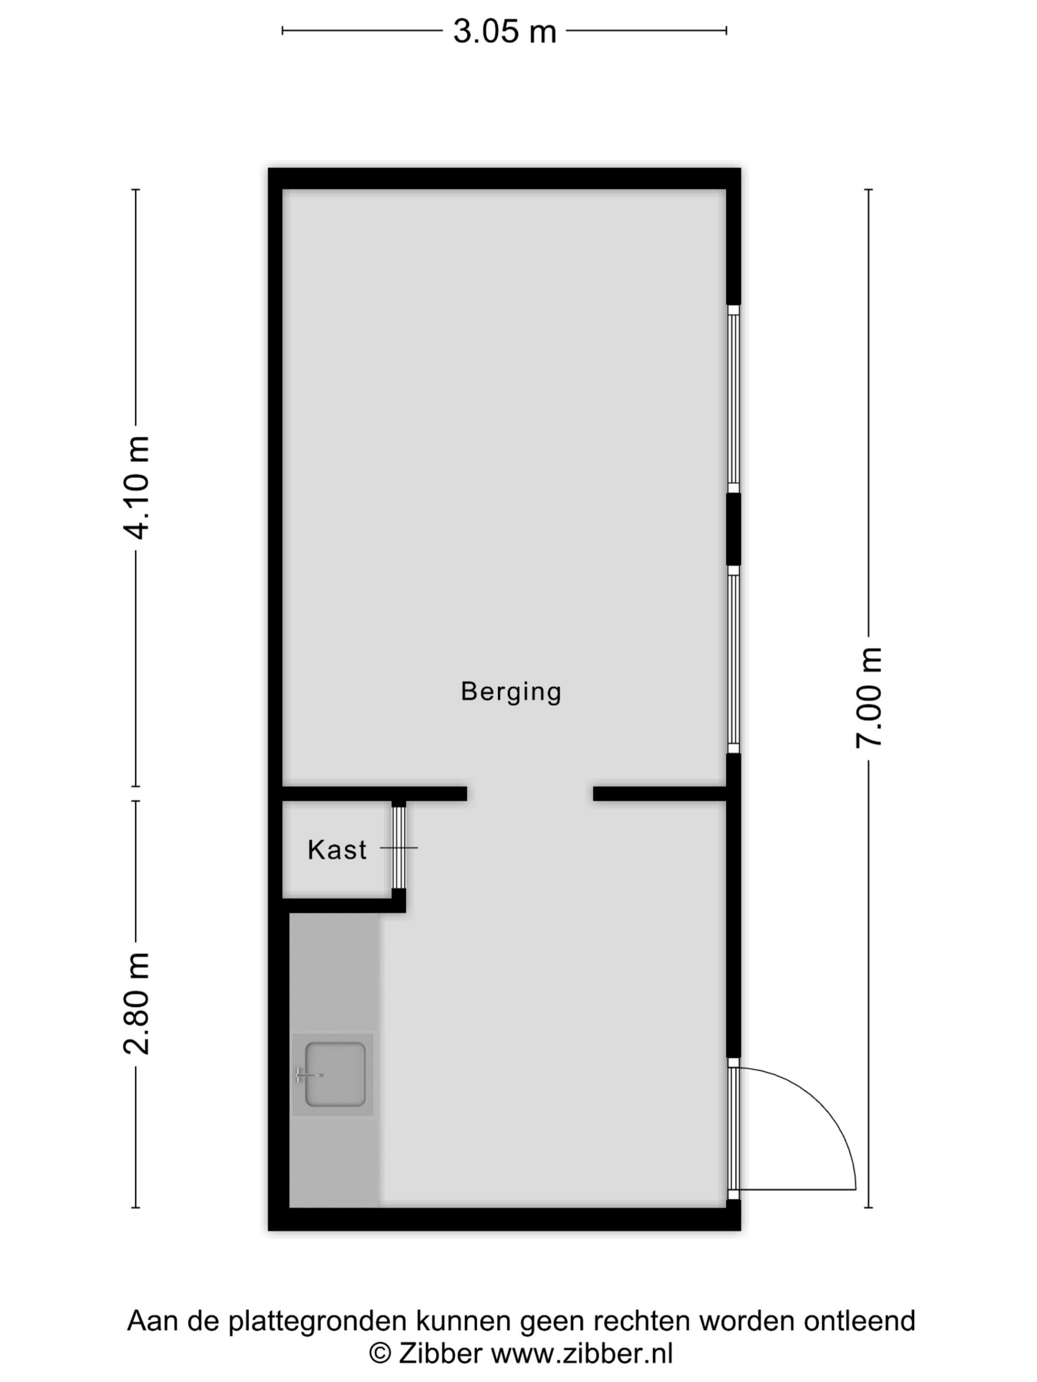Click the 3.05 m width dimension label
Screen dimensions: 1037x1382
click(x=505, y=31)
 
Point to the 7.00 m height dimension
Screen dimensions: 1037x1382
click(x=869, y=697)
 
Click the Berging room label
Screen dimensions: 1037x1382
click(x=511, y=692)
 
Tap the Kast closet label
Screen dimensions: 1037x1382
click(x=337, y=850)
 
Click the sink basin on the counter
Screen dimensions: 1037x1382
click(x=334, y=1074)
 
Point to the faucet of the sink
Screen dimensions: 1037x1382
click(x=308, y=1075)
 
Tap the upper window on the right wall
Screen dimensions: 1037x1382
click(x=733, y=398)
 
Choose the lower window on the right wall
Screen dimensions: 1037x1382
click(x=733, y=660)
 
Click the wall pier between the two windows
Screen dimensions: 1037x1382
click(x=733, y=529)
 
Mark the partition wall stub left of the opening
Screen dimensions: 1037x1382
click(x=374, y=793)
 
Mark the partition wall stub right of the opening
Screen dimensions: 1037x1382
click(x=660, y=793)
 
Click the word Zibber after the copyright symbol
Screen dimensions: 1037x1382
click(x=441, y=1353)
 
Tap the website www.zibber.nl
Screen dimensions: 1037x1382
click(x=582, y=1353)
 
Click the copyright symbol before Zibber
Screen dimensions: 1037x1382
click(x=380, y=1354)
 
